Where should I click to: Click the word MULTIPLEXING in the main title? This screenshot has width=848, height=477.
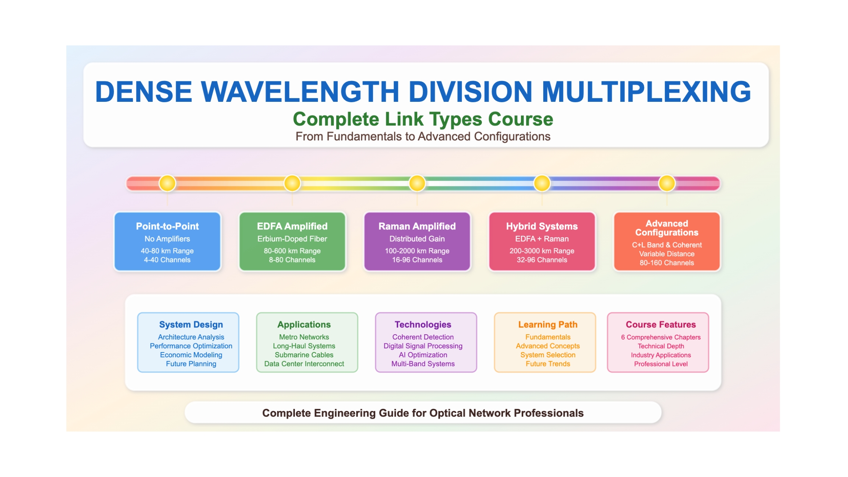[x=646, y=92]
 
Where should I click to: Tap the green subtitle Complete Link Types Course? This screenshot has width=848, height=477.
[x=423, y=119]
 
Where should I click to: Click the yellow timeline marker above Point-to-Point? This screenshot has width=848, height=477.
[x=167, y=183]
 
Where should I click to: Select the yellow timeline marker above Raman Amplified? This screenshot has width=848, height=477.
[x=417, y=183]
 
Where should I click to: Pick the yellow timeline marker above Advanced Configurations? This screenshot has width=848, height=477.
[x=667, y=183]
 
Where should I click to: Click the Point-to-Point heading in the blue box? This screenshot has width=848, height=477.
[x=167, y=226]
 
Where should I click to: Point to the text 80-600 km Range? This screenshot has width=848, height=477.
[x=292, y=251]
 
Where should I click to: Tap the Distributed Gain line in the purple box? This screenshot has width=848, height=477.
[x=417, y=239]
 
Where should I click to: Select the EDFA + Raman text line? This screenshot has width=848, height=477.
[x=542, y=239]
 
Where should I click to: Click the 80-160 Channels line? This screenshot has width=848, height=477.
[x=667, y=263]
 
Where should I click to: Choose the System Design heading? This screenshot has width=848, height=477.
[x=191, y=324]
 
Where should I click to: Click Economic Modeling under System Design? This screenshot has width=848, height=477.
[x=191, y=355]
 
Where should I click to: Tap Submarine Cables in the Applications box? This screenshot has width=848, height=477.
[x=304, y=355]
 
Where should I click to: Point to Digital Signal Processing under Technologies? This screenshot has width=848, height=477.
[x=423, y=346]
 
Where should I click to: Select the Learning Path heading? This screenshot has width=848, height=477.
[x=548, y=324]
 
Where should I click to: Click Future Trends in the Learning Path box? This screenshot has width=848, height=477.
[x=548, y=364]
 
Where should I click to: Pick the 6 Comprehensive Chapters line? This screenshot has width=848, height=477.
[x=661, y=337]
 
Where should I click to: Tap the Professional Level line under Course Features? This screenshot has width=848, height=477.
[x=661, y=364]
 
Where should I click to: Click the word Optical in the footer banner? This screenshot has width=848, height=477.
[x=447, y=413]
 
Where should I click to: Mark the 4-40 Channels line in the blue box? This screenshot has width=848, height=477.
[x=167, y=260]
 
